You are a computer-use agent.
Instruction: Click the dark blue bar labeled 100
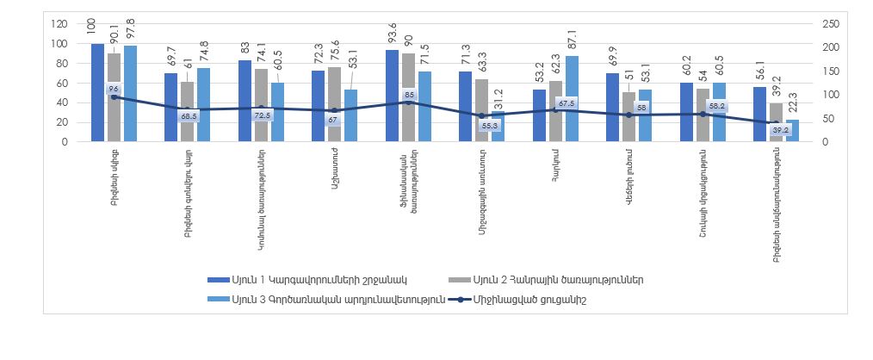pos(97,92)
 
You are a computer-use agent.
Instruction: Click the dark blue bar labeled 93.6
pos(392,96)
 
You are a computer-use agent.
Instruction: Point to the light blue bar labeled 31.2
pos(498,127)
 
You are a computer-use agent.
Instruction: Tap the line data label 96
pos(113,88)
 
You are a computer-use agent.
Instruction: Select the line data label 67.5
pos(567,103)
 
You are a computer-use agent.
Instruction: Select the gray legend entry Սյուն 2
pos(551,280)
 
